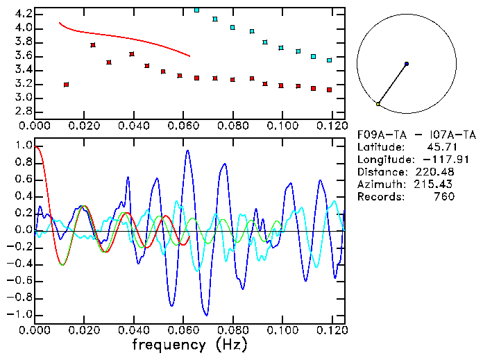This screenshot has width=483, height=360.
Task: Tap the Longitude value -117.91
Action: [x=436, y=160]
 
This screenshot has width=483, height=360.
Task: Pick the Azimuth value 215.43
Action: [x=438, y=185]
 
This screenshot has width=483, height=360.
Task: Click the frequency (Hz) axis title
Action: [x=189, y=345]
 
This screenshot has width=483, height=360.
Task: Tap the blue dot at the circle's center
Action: [x=406, y=64]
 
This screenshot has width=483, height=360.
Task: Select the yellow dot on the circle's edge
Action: [x=378, y=103]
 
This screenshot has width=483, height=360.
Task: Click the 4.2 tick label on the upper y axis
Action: [x=22, y=14]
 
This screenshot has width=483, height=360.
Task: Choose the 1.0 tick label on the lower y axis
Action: [x=22, y=146]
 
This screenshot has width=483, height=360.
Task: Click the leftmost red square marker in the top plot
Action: [x=66, y=85]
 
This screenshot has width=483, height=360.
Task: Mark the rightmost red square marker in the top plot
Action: [x=329, y=89]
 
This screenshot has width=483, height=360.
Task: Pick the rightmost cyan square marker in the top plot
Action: [x=329, y=60]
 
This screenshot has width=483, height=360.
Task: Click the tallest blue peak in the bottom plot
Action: [x=187, y=151]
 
